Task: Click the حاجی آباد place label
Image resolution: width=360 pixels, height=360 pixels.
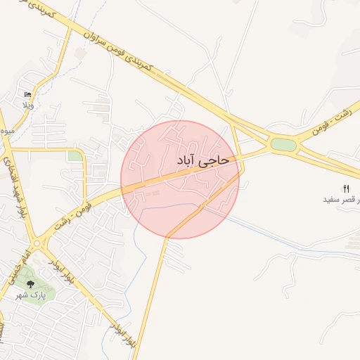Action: coord(203,161)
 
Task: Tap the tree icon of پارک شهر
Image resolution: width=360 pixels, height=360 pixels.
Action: coord(30,283)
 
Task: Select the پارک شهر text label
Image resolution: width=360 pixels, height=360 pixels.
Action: coord(30,296)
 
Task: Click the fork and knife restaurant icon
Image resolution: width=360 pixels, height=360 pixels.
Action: coord(345,188)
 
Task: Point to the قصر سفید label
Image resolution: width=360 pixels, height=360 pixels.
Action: coord(338,200)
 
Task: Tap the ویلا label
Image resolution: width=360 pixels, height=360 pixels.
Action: coord(28,105)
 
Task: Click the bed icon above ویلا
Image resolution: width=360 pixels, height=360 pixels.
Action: coord(28,95)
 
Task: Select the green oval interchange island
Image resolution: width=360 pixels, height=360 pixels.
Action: coord(283,145)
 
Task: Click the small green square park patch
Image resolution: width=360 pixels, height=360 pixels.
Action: coord(75,156)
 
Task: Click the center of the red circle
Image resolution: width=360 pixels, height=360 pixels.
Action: coord(180,179)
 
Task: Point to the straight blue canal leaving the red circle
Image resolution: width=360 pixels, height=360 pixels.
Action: coord(281,239)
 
